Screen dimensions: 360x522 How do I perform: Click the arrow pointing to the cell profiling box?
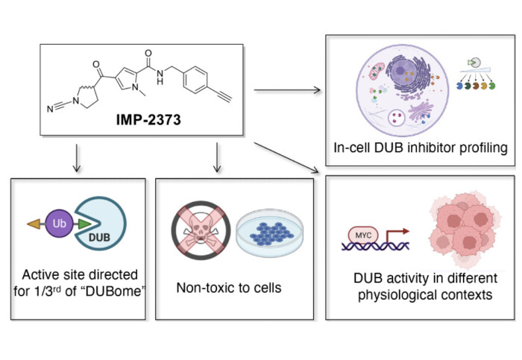tap(286, 91)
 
